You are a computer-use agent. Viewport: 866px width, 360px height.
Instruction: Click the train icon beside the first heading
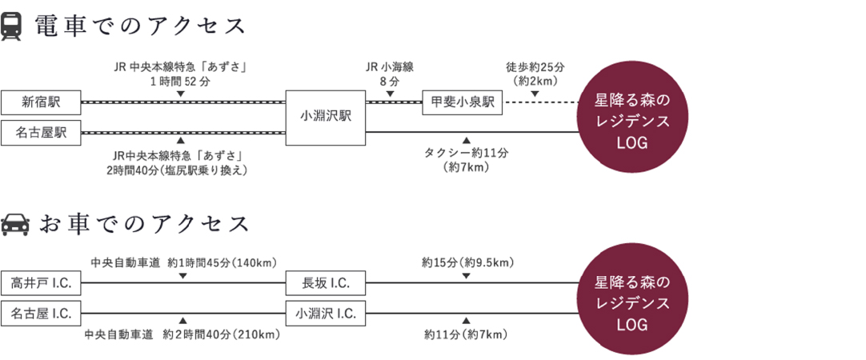pyautogui.click(x=12, y=26)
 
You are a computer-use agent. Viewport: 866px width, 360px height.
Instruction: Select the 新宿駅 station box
pyautogui.click(x=41, y=102)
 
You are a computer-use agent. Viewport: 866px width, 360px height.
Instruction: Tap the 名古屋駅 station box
pyautogui.click(x=41, y=133)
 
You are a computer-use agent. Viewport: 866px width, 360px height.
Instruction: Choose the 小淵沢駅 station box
pyautogui.click(x=326, y=118)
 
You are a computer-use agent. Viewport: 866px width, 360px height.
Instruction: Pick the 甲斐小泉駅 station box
pyautogui.click(x=463, y=102)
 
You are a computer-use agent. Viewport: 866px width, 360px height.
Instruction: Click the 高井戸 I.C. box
pyautogui.click(x=41, y=283)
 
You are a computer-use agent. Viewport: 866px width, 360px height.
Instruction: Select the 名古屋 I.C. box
pyautogui.click(x=41, y=314)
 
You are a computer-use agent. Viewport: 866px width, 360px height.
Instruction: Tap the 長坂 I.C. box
pyautogui.click(x=326, y=283)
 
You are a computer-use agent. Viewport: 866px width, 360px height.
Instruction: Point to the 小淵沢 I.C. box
pyautogui.click(x=326, y=314)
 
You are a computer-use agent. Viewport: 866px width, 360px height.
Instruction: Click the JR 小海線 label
pyautogui.click(x=389, y=67)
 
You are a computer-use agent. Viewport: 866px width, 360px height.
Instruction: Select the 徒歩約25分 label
pyautogui.click(x=535, y=67)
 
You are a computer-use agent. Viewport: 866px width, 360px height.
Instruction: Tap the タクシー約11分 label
pyautogui.click(x=466, y=153)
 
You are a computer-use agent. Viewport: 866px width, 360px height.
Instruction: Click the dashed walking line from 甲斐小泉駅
pyautogui.click(x=540, y=102)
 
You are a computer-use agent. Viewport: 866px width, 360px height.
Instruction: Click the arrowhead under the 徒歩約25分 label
pyautogui.click(x=535, y=94)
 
